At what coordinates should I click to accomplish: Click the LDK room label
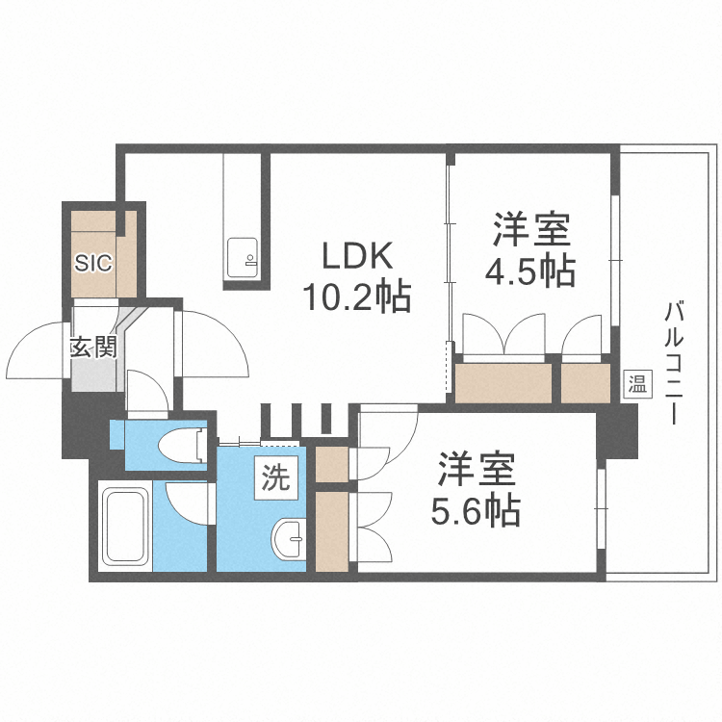point(357,257)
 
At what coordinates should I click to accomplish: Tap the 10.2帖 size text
point(357,296)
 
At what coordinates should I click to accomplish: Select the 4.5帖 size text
point(529,272)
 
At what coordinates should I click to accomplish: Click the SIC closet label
point(93,261)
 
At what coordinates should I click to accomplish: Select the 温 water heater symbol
point(637,384)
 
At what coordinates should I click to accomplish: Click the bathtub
point(125,528)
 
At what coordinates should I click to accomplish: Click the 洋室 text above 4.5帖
point(532,232)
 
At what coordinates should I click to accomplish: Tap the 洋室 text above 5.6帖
point(477,472)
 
